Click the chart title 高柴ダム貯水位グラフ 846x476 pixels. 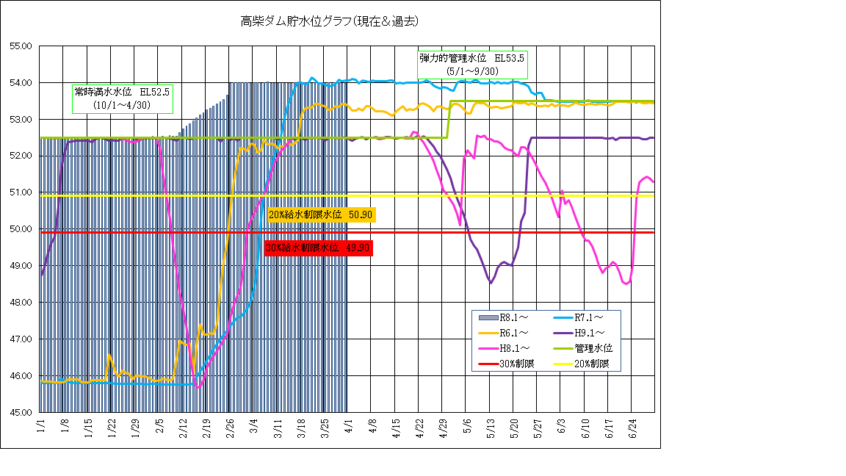coord(330,21)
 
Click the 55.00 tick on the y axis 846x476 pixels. coord(21,46)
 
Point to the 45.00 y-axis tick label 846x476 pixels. coord(21,412)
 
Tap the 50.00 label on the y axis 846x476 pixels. coord(21,229)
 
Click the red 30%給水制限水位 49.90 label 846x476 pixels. coord(318,248)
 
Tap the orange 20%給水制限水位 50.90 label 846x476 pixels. coord(322,214)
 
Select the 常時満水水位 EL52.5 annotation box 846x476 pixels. coord(122,98)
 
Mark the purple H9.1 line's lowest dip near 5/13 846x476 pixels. coord(491,282)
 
